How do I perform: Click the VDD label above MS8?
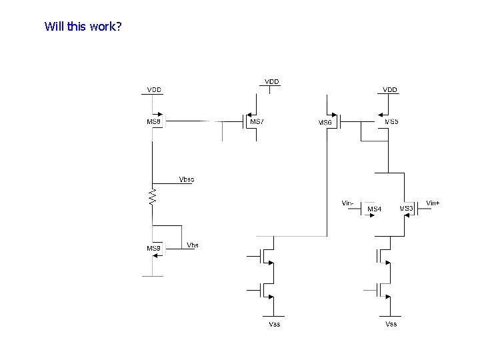154,90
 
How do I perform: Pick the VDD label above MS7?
272,81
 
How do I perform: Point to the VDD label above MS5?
390,89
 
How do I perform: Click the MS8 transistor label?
154,122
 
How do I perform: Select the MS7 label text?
257,122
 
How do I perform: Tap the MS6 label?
325,123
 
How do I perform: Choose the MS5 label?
392,122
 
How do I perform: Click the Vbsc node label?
187,179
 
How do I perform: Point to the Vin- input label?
348,203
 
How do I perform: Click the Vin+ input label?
433,203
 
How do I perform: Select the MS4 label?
375,209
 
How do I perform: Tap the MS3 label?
406,209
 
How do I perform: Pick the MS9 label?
154,249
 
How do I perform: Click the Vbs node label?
193,245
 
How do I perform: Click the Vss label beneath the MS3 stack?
391,324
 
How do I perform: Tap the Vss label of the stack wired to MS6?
274,324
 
